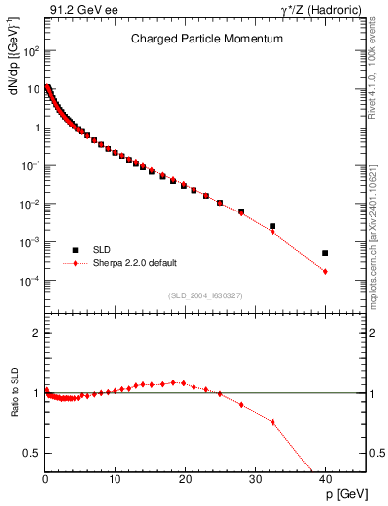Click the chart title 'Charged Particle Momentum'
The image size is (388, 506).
pos(207,39)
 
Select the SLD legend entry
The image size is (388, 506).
pos(107,249)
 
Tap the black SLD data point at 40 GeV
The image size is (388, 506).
pos(325,253)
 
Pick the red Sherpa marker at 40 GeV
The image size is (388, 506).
pos(325,271)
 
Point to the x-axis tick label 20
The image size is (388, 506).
pos(186,478)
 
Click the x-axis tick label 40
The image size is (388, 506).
pos(325,478)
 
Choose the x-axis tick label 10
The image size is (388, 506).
pos(116,478)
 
